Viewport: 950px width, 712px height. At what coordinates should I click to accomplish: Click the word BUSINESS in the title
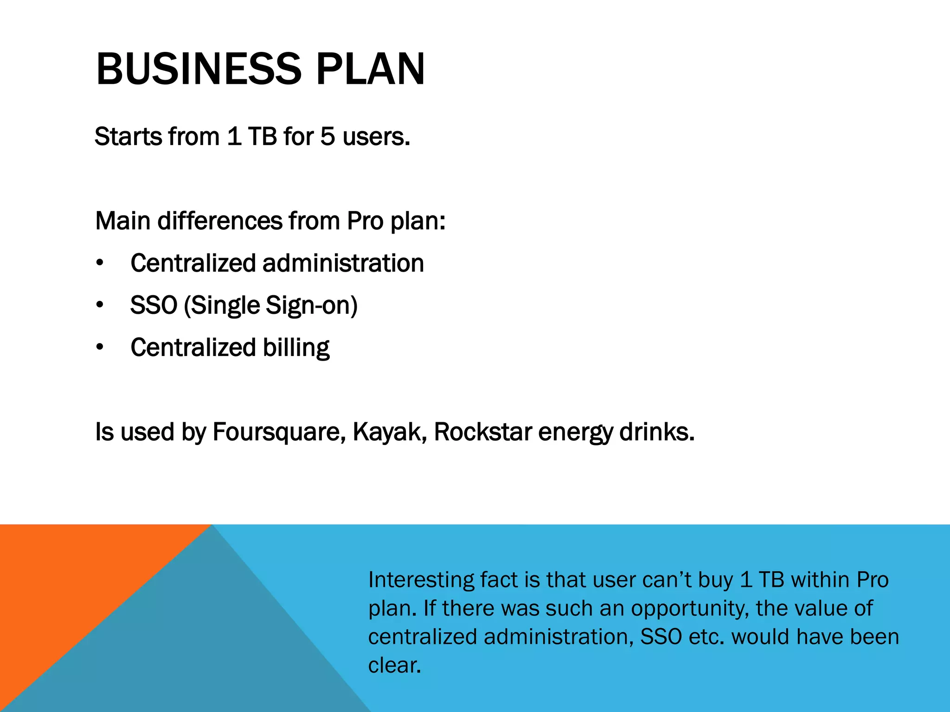point(199,70)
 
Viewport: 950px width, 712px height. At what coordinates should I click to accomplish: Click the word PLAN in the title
point(370,70)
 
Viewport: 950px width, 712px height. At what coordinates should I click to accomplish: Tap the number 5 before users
point(327,137)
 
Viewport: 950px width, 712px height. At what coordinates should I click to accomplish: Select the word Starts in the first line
point(128,137)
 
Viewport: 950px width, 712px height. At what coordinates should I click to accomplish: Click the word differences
point(219,221)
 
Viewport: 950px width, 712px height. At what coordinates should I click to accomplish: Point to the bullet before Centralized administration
point(100,263)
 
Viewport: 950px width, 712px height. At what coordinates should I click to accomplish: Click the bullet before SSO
point(100,305)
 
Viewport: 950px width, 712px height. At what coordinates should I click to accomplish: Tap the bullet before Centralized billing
point(100,348)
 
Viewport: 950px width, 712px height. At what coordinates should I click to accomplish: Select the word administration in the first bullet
point(343,263)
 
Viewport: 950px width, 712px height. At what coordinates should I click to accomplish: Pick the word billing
point(296,348)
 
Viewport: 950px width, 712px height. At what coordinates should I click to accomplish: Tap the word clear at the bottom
point(394,666)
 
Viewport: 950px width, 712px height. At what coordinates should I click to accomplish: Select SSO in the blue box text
point(661,637)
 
